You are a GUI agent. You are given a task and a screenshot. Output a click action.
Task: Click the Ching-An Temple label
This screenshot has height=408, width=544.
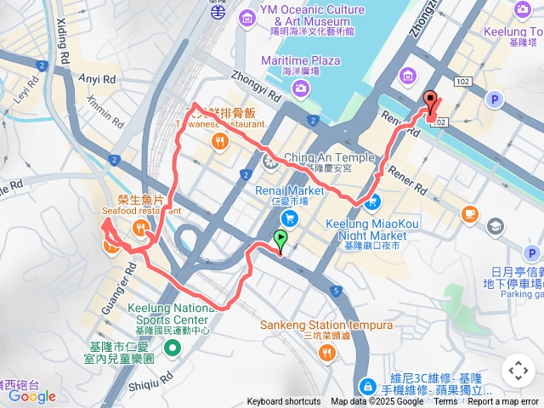[x=328, y=158]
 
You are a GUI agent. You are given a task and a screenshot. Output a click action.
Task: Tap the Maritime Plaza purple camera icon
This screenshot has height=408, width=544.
[x=301, y=88]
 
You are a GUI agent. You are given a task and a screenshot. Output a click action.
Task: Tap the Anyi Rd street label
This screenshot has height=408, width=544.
[x=97, y=77]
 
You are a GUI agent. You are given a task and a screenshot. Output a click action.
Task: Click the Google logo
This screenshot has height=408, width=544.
[x=32, y=396]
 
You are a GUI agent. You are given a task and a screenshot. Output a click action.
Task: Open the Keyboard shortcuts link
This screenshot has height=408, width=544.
[x=284, y=402]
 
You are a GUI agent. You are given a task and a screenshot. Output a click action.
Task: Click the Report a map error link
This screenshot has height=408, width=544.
[x=503, y=402]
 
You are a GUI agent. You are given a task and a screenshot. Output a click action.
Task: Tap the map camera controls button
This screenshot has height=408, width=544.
[x=517, y=371]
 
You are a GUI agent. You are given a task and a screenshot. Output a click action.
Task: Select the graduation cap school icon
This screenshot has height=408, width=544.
[x=495, y=226]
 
